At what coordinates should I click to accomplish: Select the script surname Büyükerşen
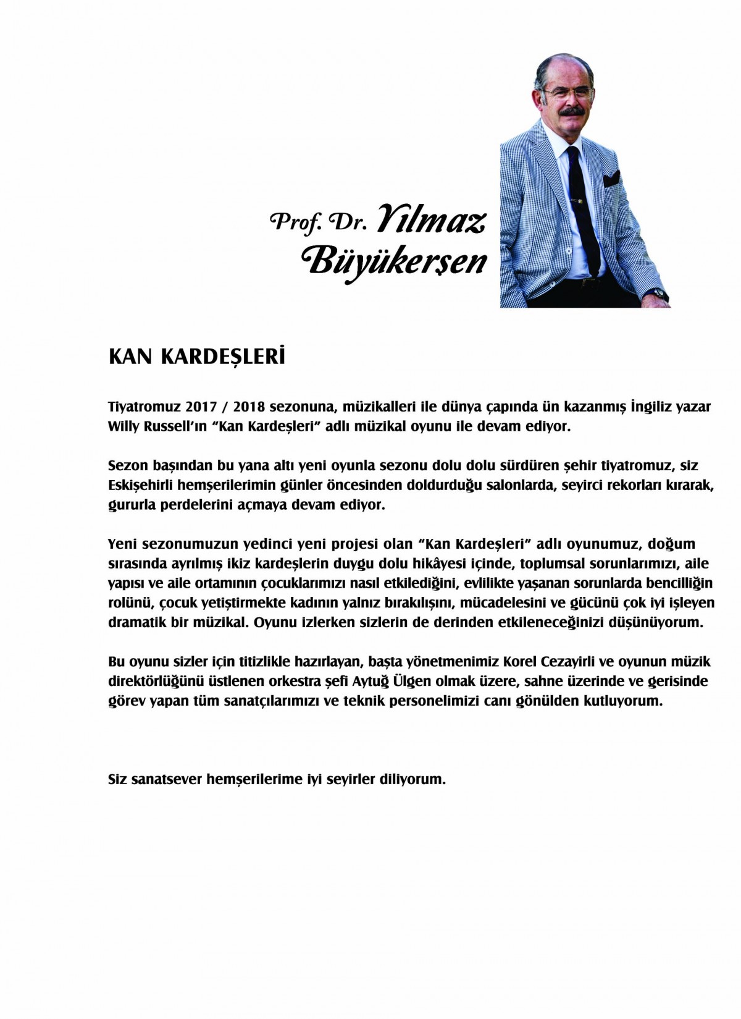396,262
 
